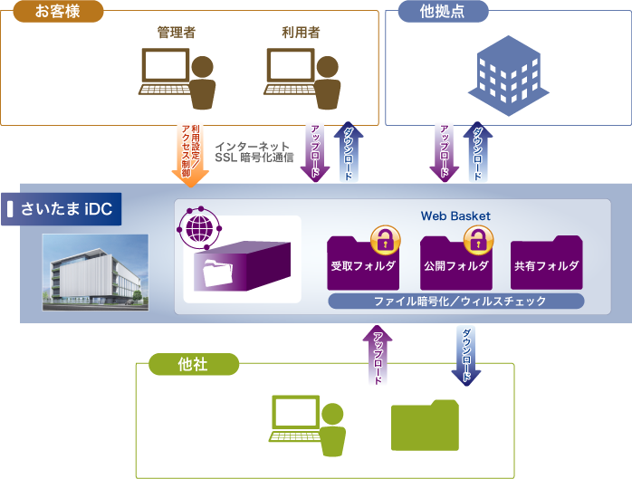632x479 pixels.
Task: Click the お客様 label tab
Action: point(53,12)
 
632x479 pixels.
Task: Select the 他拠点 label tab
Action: point(444,12)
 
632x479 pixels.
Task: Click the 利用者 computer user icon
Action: point(302,78)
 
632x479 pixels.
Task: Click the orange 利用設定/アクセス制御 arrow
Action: point(190,155)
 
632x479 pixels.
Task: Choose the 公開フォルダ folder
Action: point(456,263)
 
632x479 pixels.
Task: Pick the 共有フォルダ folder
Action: point(546,263)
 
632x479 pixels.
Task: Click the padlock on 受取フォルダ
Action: point(386,239)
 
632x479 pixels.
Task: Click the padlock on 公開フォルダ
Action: point(475,239)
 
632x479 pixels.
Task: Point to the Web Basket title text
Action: point(455,216)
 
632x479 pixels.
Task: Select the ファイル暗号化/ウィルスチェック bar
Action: point(455,301)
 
